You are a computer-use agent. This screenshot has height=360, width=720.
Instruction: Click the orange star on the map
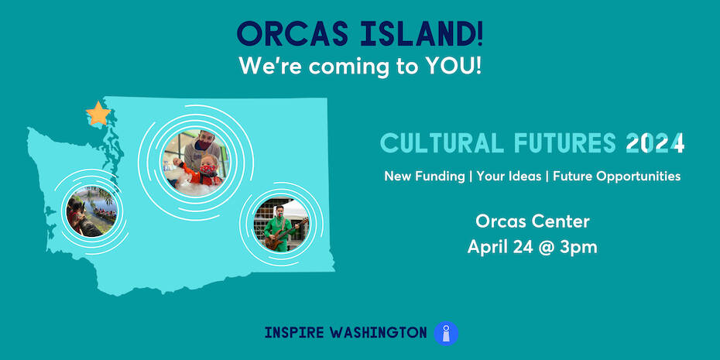(x=98, y=114)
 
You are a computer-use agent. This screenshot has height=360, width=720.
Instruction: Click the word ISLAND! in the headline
(x=421, y=34)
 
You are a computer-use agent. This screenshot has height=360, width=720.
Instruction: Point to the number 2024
(x=655, y=143)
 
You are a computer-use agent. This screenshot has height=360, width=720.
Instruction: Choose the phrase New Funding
(x=424, y=177)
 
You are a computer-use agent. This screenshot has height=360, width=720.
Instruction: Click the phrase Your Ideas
(x=509, y=177)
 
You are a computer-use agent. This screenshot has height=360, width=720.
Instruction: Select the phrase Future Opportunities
(x=617, y=177)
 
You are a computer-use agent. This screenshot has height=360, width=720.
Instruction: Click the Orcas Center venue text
(x=533, y=221)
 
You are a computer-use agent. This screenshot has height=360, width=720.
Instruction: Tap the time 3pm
(x=578, y=248)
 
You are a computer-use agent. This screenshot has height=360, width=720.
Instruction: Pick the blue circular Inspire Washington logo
(x=446, y=333)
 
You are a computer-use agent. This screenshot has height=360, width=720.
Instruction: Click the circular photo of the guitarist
(x=281, y=224)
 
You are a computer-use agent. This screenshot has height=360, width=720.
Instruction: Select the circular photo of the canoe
(x=92, y=211)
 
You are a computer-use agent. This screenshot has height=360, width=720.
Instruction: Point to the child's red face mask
(x=209, y=170)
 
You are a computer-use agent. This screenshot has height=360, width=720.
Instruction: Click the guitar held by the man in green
(x=285, y=234)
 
